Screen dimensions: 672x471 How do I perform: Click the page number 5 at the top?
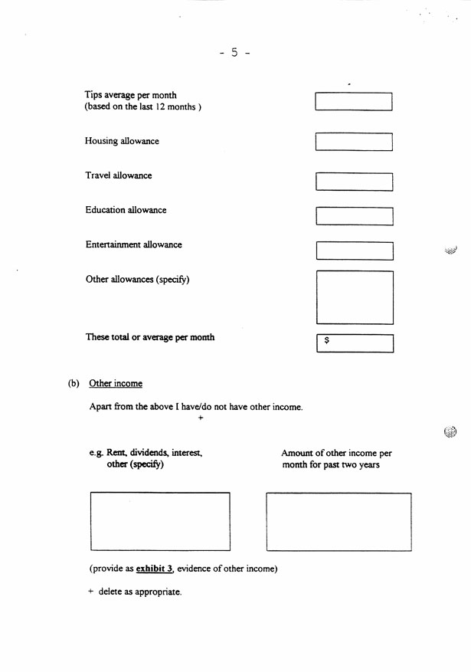(x=235, y=53)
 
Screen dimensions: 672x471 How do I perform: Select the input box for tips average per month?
(x=354, y=102)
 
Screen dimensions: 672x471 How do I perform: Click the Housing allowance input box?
(x=354, y=142)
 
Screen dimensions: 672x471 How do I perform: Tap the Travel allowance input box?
(x=354, y=182)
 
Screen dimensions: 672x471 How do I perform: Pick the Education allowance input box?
(x=354, y=216)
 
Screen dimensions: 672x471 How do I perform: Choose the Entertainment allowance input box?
(x=354, y=251)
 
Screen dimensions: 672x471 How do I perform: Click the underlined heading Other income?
(x=116, y=383)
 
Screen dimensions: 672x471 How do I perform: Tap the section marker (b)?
(x=74, y=383)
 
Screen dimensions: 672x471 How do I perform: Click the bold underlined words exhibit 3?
(x=155, y=569)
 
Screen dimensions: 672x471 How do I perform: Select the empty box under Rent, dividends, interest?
(x=160, y=521)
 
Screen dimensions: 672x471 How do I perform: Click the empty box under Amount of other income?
(x=339, y=522)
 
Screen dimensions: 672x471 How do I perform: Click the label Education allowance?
(x=126, y=210)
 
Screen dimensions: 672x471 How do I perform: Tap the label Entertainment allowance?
(x=133, y=245)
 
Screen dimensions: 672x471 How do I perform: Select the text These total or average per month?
(x=150, y=337)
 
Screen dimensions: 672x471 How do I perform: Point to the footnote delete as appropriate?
(x=139, y=592)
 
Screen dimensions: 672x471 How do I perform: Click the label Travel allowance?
(x=119, y=175)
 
